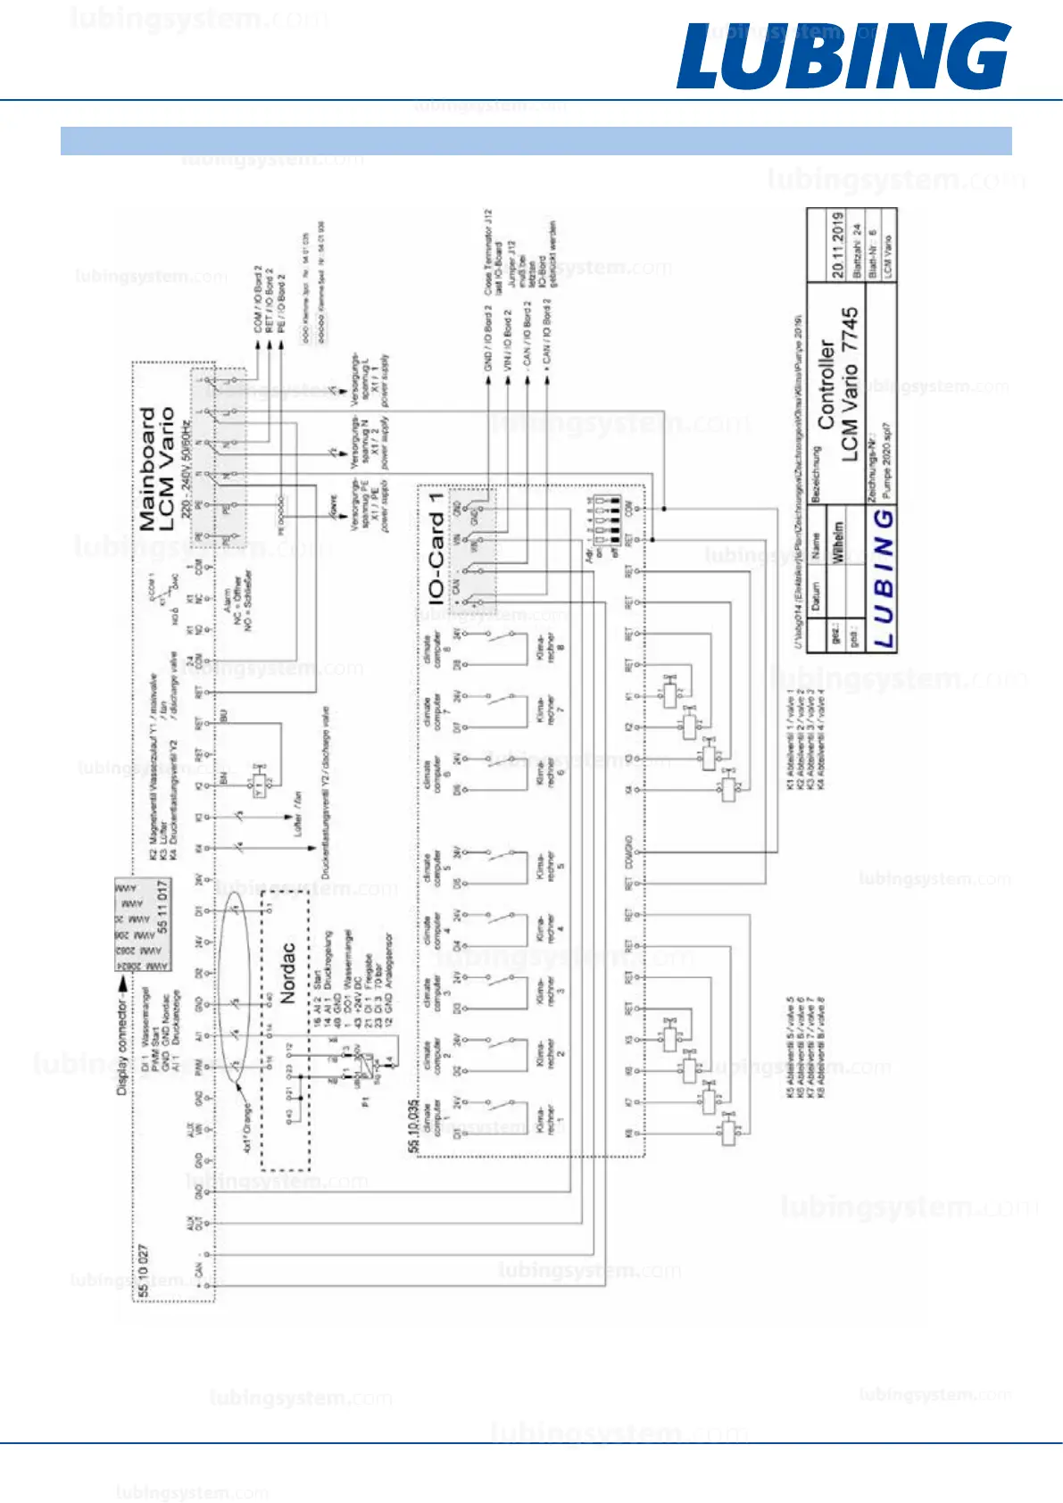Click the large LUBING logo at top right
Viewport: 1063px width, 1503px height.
pos(843,56)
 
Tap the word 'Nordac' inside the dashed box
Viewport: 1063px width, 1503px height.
pos(287,972)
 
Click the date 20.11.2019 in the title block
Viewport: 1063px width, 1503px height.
pos(837,245)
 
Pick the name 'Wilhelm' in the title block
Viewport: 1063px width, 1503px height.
pos(837,543)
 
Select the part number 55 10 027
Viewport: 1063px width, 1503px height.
pos(144,1272)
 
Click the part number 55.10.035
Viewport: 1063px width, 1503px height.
pos(413,1125)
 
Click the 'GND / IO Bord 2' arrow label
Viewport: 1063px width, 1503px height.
pos(488,338)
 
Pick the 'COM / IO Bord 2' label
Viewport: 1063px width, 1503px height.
pos(258,299)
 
